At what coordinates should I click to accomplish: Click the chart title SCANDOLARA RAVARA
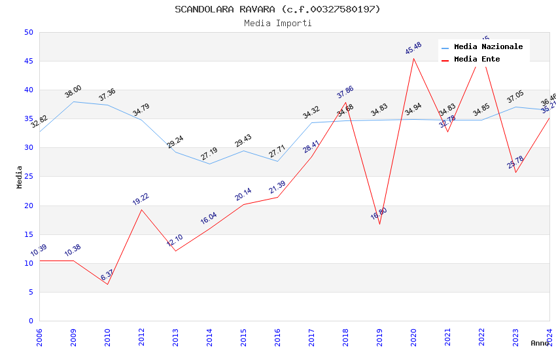pos(277,9)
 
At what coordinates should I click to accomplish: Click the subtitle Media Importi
pos(277,24)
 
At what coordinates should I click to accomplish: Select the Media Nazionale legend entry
pos(488,47)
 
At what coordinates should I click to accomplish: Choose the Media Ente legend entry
pos(477,60)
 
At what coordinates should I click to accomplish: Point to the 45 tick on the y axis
pos(28,62)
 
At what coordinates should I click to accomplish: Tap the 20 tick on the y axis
pos(28,206)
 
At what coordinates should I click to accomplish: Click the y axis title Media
pos(20,177)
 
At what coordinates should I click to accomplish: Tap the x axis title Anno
pos(540,343)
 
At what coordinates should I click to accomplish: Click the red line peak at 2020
pos(413,58)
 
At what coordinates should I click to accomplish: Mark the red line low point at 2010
pos(107,284)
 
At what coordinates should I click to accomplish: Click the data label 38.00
pos(73,92)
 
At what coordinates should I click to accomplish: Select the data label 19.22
pos(141,200)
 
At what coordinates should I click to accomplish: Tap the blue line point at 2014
pos(209,164)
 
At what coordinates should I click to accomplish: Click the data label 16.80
pos(379,214)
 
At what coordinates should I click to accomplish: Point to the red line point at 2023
pos(515,172)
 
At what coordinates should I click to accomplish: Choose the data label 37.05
pos(515,98)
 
